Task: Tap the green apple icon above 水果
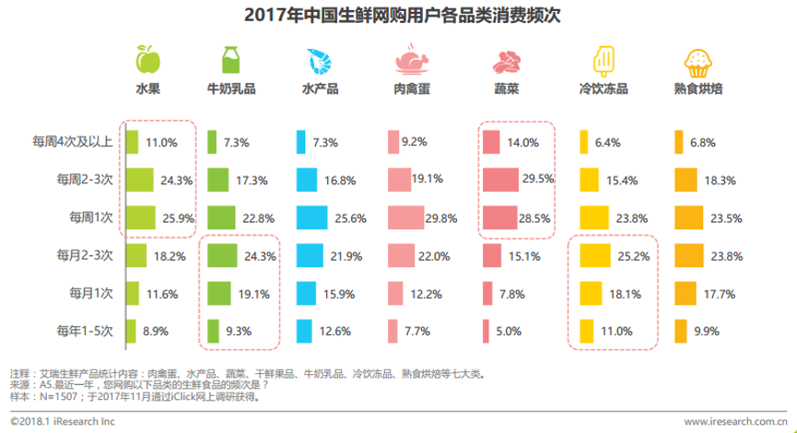[x=147, y=61]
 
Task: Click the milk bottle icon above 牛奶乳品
[x=231, y=61]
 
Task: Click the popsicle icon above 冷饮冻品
[x=604, y=61]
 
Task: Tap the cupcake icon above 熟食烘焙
[x=697, y=62]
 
